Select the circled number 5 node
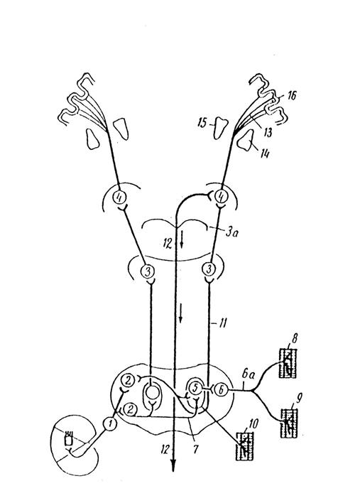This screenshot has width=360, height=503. (195, 388)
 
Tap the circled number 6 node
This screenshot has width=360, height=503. (221, 391)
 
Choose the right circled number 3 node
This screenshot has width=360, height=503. (209, 269)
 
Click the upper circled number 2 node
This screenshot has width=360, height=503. (128, 381)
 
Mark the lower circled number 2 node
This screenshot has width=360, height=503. (130, 409)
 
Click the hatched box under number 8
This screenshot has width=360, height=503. (288, 364)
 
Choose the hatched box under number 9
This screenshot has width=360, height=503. (289, 423)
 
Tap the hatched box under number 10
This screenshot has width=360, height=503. (244, 446)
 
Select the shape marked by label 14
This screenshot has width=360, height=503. (246, 139)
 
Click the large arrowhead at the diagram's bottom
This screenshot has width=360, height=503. (173, 465)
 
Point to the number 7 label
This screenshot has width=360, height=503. (195, 449)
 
